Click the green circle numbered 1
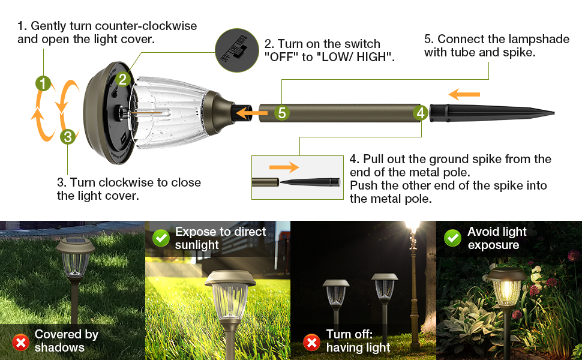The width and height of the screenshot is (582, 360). [x=43, y=83]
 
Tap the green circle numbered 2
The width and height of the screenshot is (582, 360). [x=122, y=79]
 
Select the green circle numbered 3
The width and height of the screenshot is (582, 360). [x=68, y=137]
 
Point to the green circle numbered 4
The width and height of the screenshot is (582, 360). [x=421, y=112]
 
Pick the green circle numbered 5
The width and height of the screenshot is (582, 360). [x=282, y=112]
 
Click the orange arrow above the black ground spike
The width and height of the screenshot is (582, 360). [x=464, y=94]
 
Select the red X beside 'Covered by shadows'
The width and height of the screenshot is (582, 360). [x=21, y=343]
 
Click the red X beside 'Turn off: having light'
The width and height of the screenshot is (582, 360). [x=311, y=343]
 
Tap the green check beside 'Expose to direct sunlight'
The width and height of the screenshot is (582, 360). [x=161, y=238]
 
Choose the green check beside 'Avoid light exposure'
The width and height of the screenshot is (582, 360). [x=452, y=238]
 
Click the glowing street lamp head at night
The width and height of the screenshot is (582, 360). [x=412, y=229]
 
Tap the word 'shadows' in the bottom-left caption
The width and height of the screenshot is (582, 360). [x=59, y=347]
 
